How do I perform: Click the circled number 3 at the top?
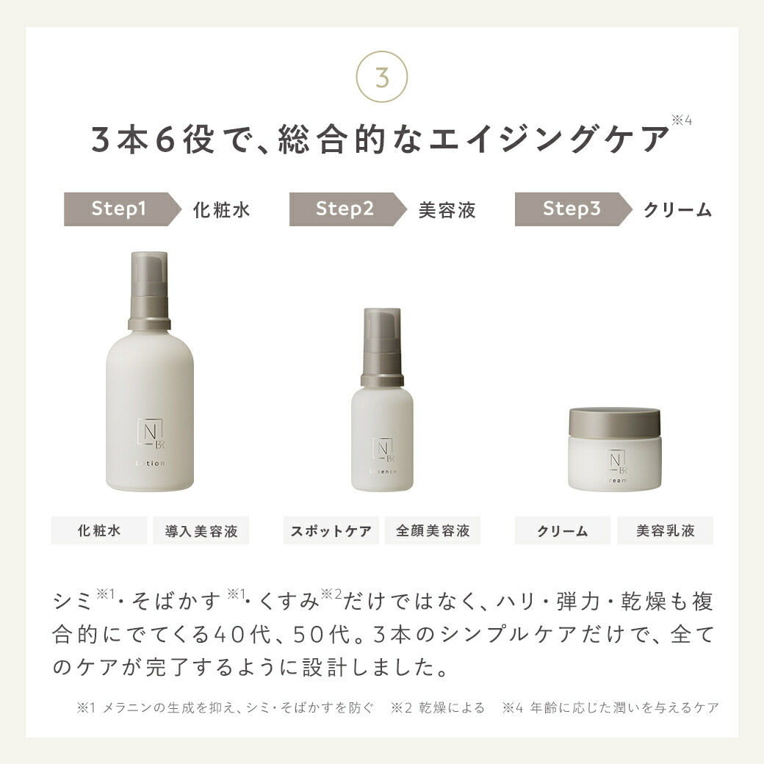(381, 78)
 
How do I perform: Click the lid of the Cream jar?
(614, 422)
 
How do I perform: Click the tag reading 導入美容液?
(201, 530)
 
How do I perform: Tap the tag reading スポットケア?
(331, 530)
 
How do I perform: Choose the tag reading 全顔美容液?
(433, 530)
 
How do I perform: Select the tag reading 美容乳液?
(665, 530)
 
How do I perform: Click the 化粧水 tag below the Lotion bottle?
(98, 530)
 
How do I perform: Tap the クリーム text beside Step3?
(677, 210)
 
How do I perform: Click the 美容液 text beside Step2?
(447, 210)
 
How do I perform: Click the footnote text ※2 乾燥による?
(438, 708)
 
